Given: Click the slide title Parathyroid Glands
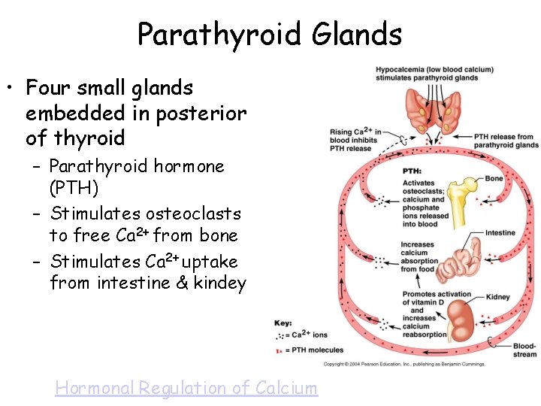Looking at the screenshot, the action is [x=270, y=34].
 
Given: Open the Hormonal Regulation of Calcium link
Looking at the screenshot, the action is [x=186, y=388].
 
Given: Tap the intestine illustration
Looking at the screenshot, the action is [x=458, y=263].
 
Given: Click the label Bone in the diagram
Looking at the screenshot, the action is [x=494, y=179].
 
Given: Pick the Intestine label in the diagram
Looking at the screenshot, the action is [x=500, y=233].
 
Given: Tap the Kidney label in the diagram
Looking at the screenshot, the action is [x=498, y=297].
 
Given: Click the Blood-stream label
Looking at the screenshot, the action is [x=524, y=350].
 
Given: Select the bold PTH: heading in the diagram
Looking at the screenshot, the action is [x=412, y=171].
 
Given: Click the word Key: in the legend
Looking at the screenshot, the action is [x=283, y=323].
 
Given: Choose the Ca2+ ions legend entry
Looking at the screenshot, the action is [x=308, y=334].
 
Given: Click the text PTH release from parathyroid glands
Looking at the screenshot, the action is [x=506, y=141].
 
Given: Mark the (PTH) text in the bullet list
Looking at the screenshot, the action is [x=74, y=187].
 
